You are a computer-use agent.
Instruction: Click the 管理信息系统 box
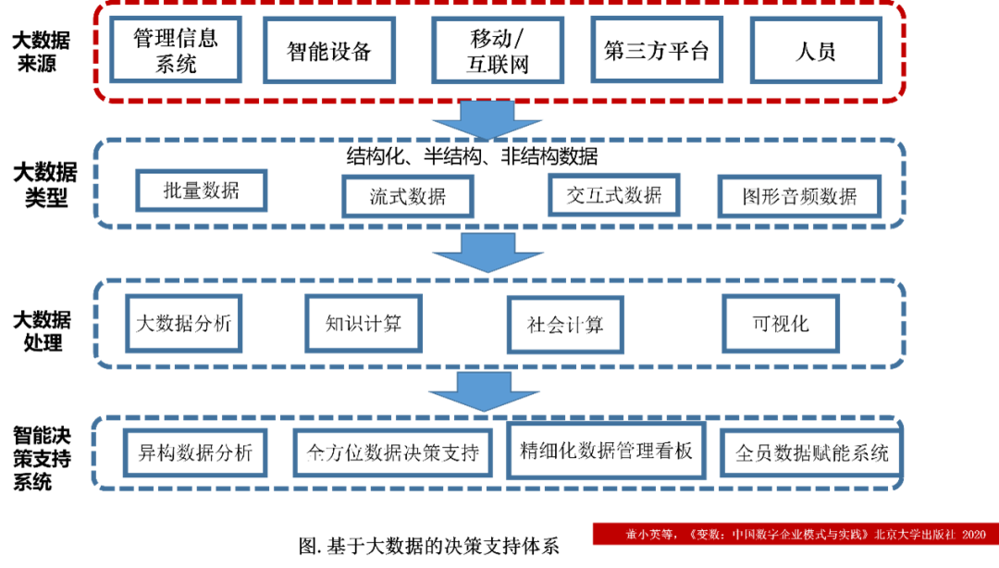click(x=176, y=51)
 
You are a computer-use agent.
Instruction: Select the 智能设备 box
click(x=329, y=51)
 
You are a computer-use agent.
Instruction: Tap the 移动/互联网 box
click(x=498, y=51)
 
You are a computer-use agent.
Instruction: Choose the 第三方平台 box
click(x=657, y=51)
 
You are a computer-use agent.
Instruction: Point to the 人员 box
click(x=815, y=51)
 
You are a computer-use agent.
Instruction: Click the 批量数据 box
click(x=201, y=191)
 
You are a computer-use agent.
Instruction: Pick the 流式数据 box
click(x=408, y=196)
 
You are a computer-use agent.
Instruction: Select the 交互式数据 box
click(x=614, y=195)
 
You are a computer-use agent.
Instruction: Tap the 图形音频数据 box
click(x=799, y=196)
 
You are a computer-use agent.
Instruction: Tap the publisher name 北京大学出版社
click(x=915, y=535)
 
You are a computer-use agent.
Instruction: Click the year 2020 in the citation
click(x=974, y=535)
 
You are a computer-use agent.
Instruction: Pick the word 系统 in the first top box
click(x=176, y=64)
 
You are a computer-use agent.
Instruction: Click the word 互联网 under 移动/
click(x=498, y=65)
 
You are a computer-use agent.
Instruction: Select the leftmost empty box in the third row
click(x=184, y=324)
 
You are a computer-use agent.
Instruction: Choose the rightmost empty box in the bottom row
click(x=809, y=453)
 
